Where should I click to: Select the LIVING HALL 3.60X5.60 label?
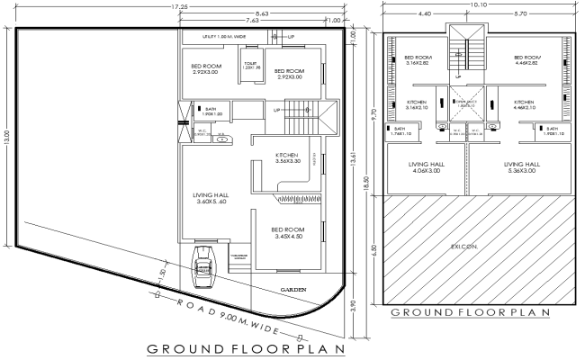click(x=214, y=198)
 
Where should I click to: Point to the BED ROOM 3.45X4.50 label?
click(x=289, y=233)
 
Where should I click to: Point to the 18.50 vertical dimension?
click(x=366, y=180)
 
